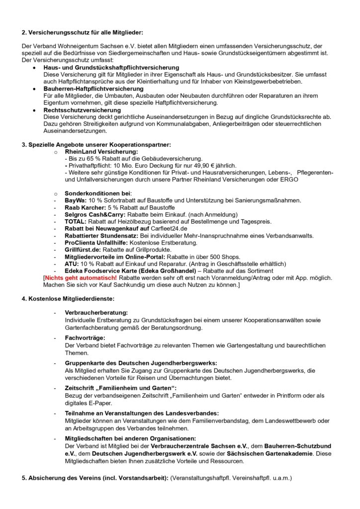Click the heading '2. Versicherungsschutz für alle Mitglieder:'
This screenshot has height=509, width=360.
click(82, 33)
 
